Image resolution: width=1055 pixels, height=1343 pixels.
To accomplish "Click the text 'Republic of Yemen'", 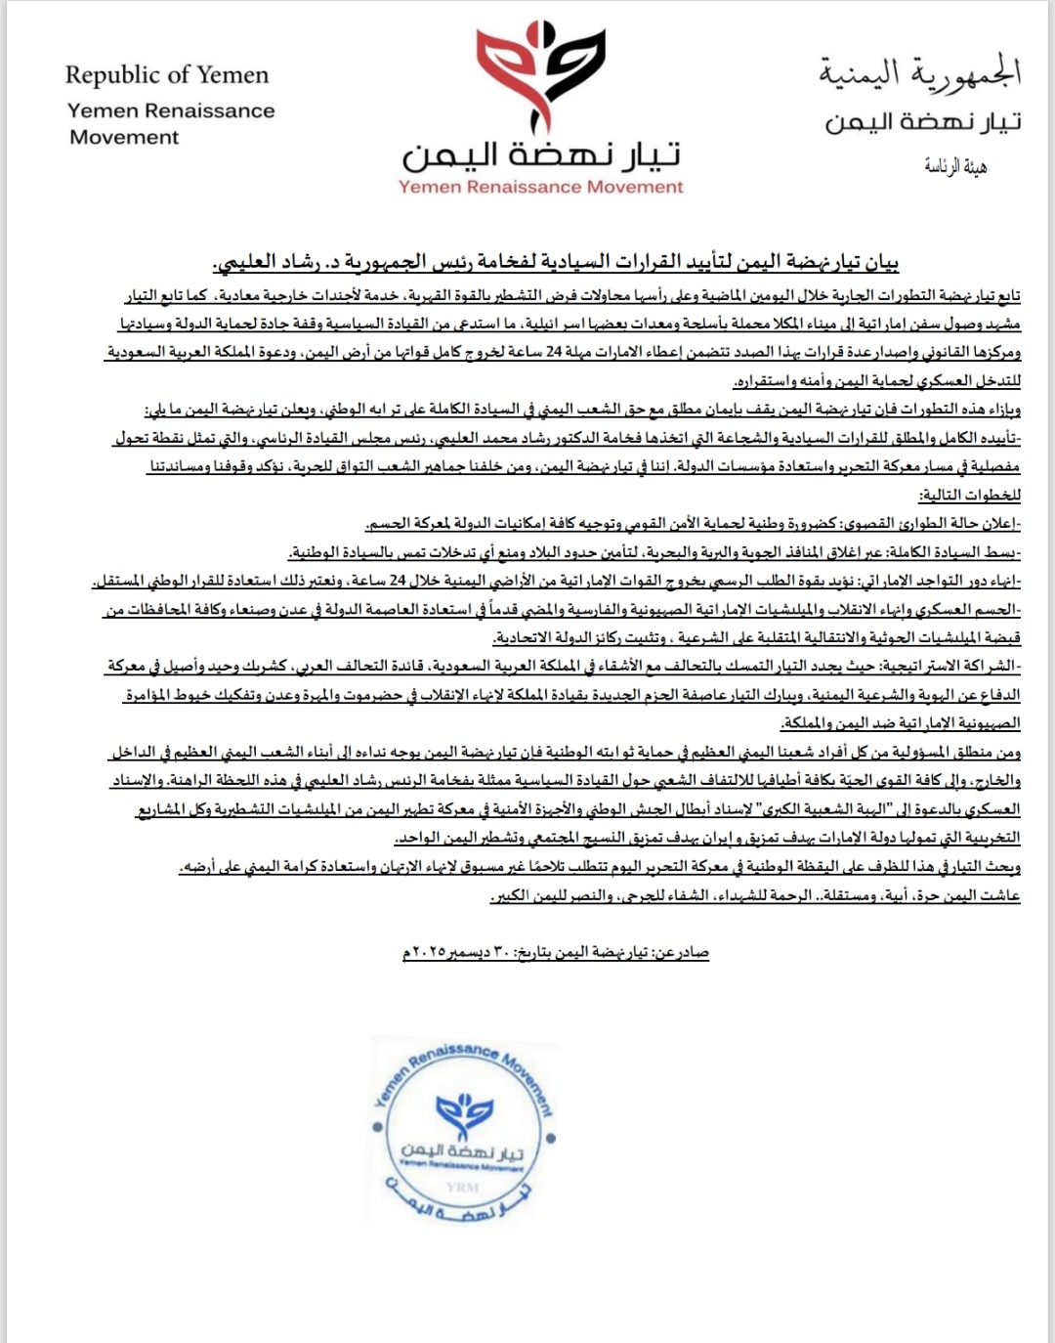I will pyautogui.click(x=166, y=75).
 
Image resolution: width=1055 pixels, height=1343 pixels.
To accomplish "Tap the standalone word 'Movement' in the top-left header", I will pyautogui.click(x=124, y=138).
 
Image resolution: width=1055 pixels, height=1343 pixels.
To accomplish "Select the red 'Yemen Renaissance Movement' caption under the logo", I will pyautogui.click(x=541, y=187).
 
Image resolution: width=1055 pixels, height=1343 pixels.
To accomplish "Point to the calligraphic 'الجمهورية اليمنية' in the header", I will pyautogui.click(x=919, y=72).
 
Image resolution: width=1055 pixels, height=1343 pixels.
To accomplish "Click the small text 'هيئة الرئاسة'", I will pyautogui.click(x=955, y=167).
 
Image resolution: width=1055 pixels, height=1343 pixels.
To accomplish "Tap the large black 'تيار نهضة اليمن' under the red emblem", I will pyautogui.click(x=541, y=155).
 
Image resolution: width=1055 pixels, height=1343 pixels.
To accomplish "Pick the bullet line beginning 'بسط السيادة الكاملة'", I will pyautogui.click(x=654, y=552).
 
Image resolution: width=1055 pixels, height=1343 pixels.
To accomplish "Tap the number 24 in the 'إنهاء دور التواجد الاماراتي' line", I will pyautogui.click(x=398, y=581).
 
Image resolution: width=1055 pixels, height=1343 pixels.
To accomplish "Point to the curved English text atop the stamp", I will pyautogui.click(x=464, y=1061).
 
